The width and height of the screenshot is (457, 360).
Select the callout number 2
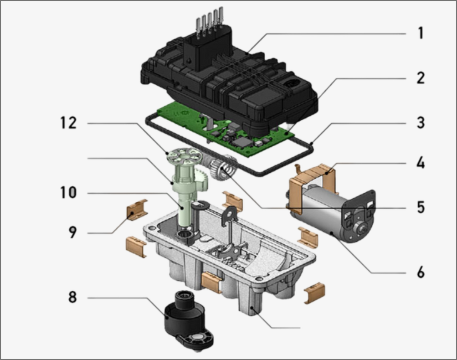point(420,77)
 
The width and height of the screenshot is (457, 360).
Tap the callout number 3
point(420,123)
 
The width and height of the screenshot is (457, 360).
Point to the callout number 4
point(420,163)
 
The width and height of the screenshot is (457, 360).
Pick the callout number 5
point(420,207)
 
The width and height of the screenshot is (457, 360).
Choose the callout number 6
point(420,272)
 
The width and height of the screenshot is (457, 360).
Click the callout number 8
point(73,298)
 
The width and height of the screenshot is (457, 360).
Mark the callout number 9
point(73,232)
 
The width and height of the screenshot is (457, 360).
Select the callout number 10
point(68,193)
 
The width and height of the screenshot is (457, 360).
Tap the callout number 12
point(68,123)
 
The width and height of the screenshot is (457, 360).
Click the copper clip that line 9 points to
point(137,209)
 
